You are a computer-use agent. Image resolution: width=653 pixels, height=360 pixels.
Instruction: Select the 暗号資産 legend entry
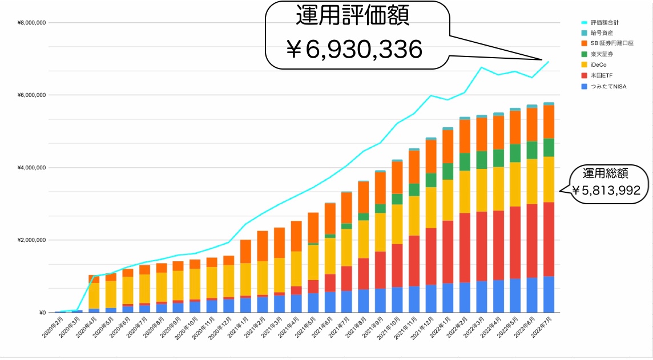pos(601,33)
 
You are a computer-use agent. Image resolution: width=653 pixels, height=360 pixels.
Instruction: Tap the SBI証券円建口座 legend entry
pos(611,43)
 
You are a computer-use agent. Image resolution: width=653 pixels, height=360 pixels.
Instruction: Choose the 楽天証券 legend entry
pos(601,54)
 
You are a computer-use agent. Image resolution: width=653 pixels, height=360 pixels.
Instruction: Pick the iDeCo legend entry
pos(598,65)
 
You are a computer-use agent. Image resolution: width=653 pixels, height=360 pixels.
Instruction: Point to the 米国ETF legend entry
pos(600,76)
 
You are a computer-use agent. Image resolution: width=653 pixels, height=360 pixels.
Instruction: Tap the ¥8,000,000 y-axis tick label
pos(32,23)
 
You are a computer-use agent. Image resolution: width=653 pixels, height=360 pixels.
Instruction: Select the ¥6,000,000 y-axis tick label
pos(32,95)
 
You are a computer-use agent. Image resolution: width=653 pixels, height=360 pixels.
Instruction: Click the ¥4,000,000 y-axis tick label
pos(32,168)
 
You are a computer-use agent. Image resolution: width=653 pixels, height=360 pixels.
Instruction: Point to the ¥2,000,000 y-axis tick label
pos(32,240)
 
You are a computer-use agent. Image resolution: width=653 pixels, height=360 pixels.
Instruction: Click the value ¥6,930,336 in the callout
pos(354,50)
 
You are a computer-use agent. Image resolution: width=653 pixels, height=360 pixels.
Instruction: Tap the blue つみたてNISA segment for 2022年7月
pos(549,294)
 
